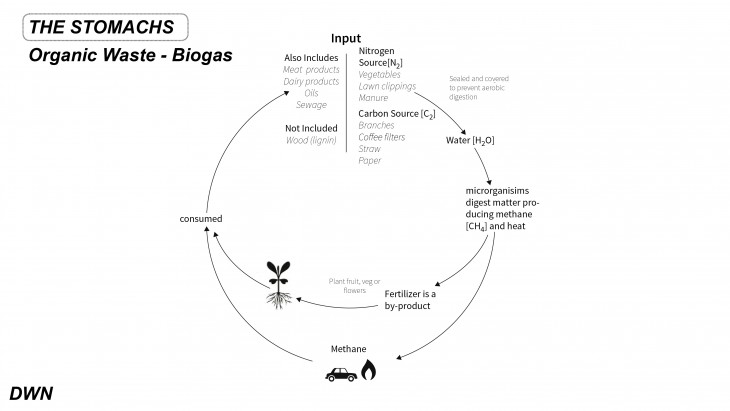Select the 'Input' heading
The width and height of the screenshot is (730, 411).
(345, 38)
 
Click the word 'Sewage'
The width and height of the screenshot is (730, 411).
(311, 104)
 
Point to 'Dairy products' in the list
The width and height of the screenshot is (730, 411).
(310, 81)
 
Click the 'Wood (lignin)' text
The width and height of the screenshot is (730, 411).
(311, 140)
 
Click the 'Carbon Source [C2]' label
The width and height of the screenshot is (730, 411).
(397, 114)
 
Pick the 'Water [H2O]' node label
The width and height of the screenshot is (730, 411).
(470, 140)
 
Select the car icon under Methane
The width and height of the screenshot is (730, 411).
(341, 374)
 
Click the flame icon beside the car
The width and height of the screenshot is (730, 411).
(368, 372)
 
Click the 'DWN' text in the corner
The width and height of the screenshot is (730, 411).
(30, 393)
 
